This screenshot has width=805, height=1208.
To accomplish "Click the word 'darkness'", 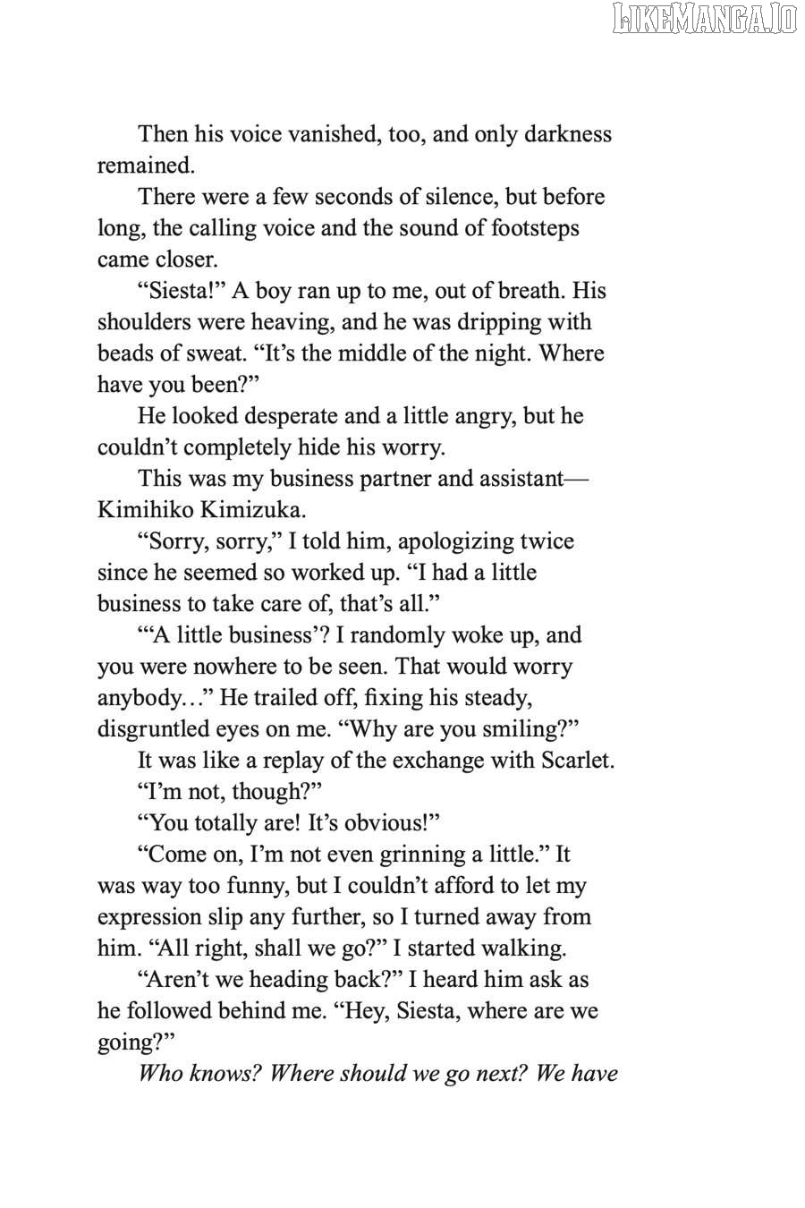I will pos(568,134).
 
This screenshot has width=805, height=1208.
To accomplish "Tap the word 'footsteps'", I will pos(535,228).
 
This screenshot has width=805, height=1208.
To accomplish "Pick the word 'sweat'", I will pos(213,353).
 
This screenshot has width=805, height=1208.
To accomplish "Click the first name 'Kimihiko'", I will pos(143,510).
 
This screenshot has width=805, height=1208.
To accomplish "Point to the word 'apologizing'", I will pos(465,541).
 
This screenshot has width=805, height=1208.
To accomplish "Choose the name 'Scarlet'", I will pos(577,761).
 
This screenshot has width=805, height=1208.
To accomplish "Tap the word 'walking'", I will pos(525,949).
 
